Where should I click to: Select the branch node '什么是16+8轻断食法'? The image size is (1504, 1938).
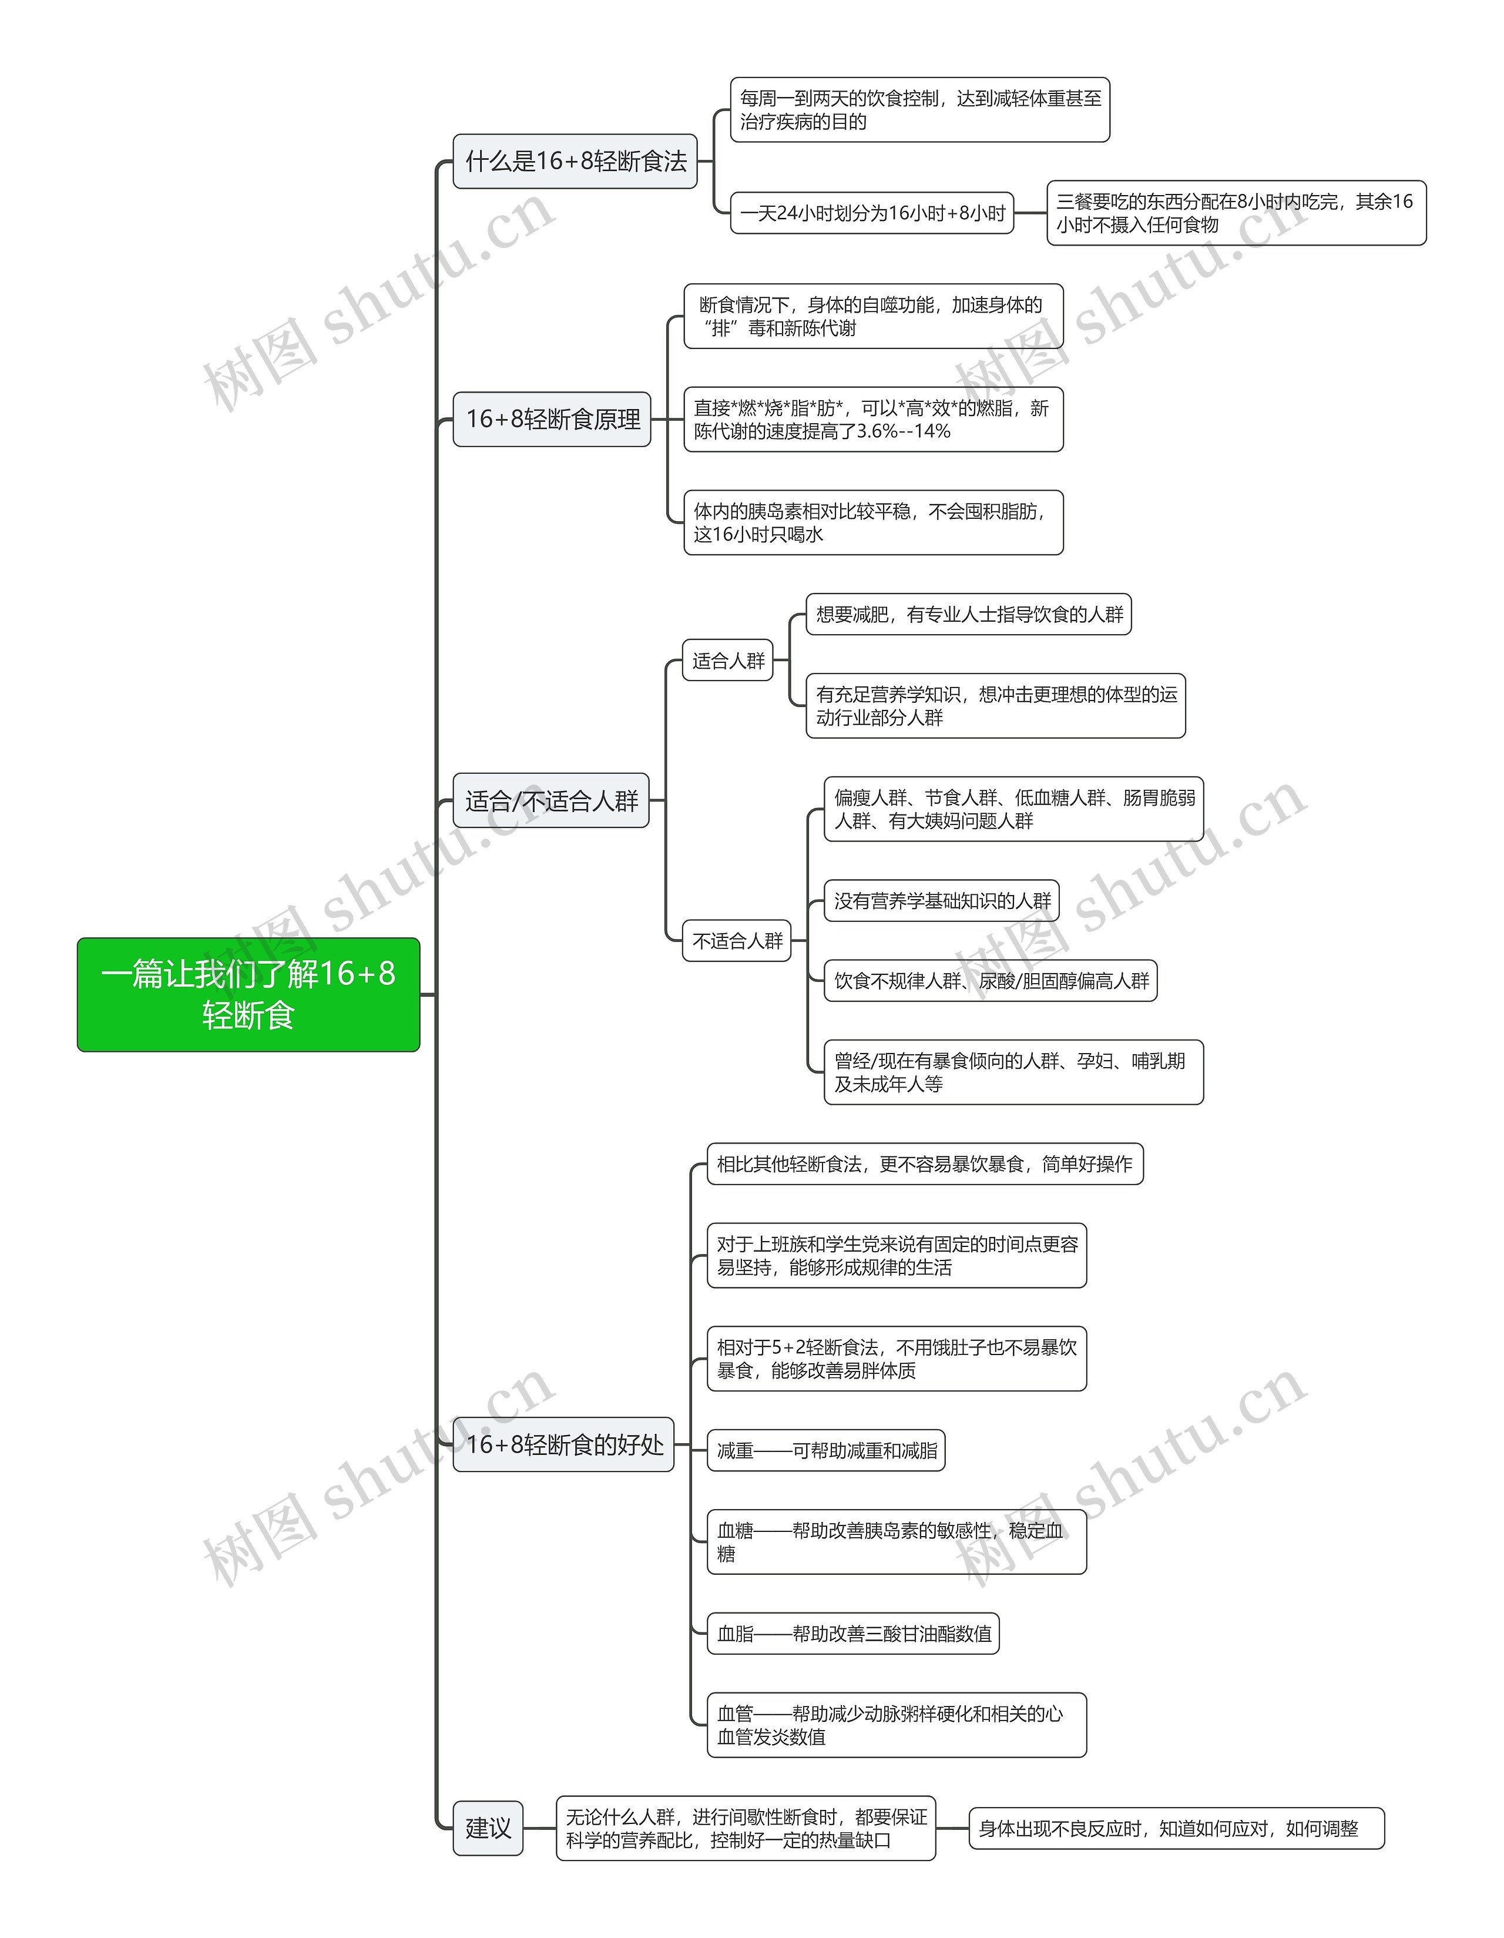[575, 162]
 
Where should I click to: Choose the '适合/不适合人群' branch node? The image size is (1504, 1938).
[551, 800]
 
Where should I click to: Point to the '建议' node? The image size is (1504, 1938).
[488, 1828]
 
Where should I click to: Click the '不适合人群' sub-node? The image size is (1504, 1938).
[737, 941]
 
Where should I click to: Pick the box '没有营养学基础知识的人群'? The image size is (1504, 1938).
[941, 901]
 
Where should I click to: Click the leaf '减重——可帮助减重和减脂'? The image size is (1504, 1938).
[826, 1450]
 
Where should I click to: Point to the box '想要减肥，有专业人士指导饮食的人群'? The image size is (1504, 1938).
[968, 614]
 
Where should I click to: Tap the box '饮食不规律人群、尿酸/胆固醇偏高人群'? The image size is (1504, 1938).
[991, 981]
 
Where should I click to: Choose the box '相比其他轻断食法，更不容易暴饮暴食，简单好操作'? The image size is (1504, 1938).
[925, 1164]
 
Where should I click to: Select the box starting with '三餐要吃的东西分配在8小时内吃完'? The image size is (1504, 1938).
[1236, 213]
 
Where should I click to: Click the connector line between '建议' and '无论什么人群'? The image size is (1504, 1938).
[539, 1828]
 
